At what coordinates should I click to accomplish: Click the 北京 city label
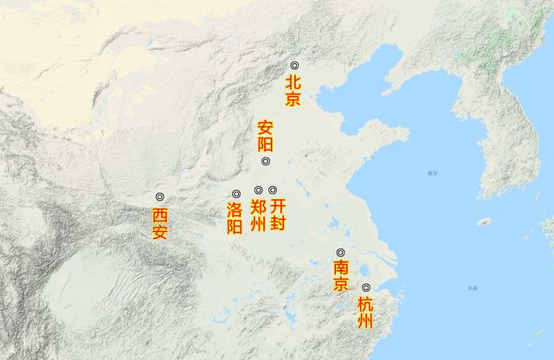(294, 90)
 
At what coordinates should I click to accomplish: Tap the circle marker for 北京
(294, 66)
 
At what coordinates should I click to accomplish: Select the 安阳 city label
(266, 136)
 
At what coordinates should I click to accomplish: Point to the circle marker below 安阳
(266, 162)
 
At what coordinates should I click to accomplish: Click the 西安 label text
(159, 223)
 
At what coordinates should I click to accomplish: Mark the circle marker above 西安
(159, 197)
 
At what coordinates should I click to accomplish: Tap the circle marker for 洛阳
(235, 193)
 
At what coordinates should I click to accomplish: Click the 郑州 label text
(258, 215)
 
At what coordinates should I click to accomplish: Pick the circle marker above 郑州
(258, 190)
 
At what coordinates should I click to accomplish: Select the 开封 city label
(277, 215)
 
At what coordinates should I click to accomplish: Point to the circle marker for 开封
(273, 190)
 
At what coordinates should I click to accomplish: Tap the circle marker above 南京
(341, 253)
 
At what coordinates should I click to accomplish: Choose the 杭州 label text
(366, 312)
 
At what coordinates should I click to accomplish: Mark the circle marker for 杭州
(366, 287)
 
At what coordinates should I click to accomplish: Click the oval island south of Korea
(486, 222)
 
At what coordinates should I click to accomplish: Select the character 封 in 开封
(277, 224)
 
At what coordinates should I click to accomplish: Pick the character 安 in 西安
(159, 232)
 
